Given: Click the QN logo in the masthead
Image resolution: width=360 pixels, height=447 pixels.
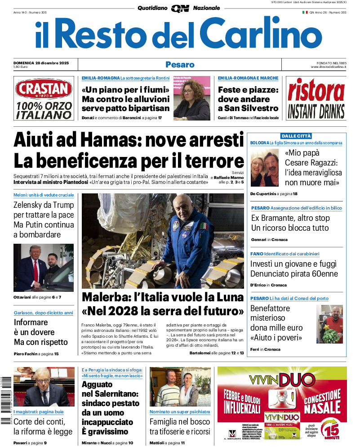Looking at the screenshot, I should [180, 8].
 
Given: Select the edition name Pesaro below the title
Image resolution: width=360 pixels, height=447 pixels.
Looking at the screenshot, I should [180, 65].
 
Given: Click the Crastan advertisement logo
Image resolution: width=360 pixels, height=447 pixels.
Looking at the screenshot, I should [43, 89].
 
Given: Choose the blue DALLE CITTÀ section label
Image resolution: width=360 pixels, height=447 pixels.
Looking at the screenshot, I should [296, 136].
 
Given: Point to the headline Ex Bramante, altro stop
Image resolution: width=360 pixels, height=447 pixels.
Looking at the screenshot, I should [290, 218].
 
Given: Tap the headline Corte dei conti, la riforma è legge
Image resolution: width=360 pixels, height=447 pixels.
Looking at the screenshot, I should [43, 426].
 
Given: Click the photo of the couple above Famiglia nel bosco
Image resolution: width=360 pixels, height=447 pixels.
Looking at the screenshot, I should [180, 387].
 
